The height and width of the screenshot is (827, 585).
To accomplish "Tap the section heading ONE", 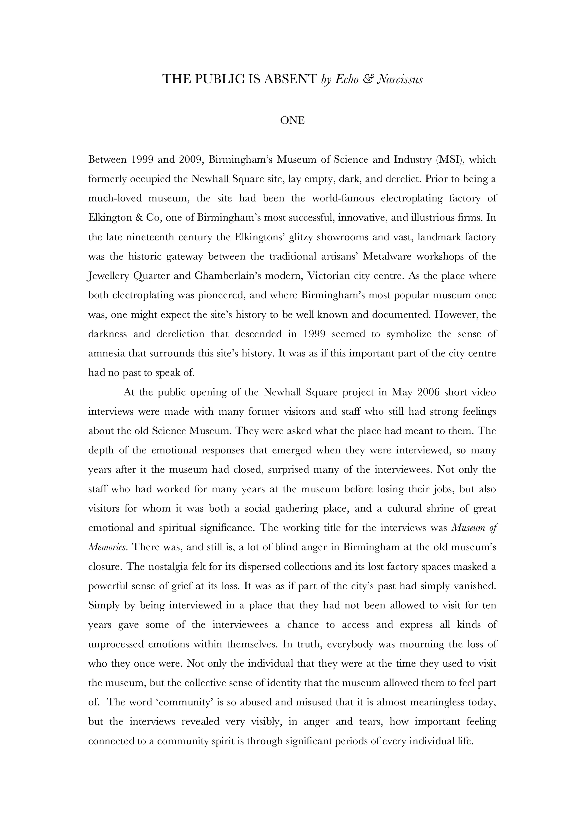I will (292, 120).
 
